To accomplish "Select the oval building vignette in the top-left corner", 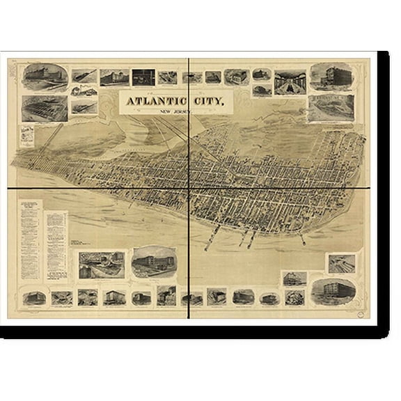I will click(45, 77).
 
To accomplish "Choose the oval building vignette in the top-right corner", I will click(331, 77).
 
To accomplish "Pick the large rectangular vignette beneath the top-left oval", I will click(45, 109).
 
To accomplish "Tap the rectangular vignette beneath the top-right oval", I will click(331, 108).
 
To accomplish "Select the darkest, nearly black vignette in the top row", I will click(143, 77).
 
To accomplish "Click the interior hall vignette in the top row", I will click(290, 81).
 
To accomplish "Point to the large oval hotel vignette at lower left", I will click(154, 261).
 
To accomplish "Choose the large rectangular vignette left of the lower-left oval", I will click(102, 265).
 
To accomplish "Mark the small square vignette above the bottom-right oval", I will click(341, 263).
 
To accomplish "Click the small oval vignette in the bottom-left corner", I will click(33, 297).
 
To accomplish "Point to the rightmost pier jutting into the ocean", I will click(302, 239).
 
